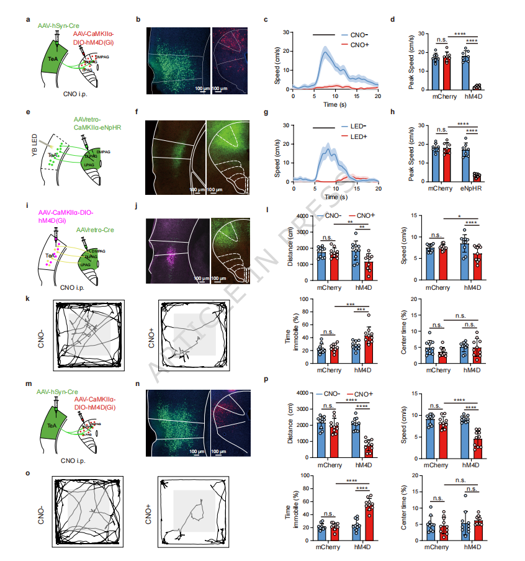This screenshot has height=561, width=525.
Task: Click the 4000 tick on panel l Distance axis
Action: pyautogui.click(x=300, y=216)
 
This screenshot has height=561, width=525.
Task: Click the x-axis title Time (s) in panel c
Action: pyautogui.click(x=334, y=104)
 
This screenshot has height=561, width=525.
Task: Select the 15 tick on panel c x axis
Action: pyautogui.click(x=357, y=96)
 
